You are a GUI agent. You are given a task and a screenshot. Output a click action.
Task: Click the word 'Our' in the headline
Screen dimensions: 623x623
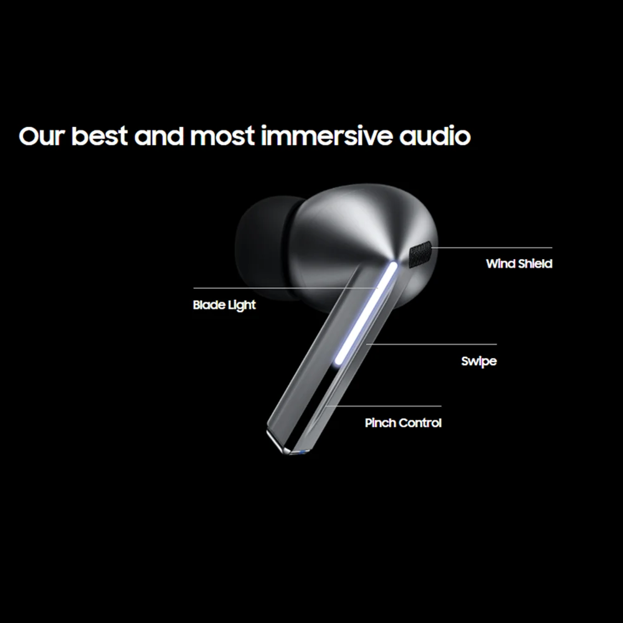(41, 136)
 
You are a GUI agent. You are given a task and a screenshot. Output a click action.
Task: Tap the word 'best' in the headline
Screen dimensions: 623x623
(99, 135)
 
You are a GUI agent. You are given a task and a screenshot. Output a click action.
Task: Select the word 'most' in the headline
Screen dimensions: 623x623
(222, 136)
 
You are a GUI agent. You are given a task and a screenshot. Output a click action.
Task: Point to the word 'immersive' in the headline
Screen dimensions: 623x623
(326, 135)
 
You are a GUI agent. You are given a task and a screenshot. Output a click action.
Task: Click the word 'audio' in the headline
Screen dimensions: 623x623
(435, 135)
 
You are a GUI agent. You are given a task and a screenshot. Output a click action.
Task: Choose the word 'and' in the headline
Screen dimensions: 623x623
(159, 135)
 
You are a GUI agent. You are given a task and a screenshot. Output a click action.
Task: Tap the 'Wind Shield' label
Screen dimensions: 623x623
(519, 264)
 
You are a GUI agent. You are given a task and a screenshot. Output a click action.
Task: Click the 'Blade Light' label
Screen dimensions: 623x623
(224, 305)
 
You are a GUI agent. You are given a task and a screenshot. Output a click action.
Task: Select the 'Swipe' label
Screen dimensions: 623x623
(478, 361)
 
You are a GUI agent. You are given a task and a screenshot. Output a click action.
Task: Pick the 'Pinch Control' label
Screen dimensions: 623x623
(403, 423)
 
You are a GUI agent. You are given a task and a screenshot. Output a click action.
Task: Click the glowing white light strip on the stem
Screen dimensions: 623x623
(366, 313)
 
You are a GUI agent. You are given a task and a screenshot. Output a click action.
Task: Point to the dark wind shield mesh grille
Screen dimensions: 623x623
(421, 255)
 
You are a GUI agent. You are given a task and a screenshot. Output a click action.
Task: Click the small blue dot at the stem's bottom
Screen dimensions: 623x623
(304, 452)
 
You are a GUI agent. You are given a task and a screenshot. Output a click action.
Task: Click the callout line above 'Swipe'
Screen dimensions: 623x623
(431, 344)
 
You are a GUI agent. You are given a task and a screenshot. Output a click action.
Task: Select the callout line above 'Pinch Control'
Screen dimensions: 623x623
(383, 406)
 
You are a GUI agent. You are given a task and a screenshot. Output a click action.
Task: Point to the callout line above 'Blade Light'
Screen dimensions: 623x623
(285, 288)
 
